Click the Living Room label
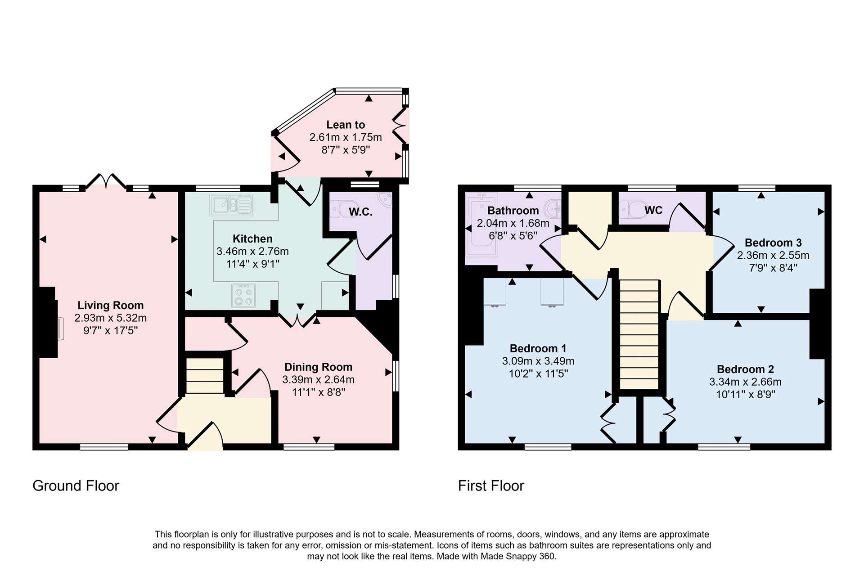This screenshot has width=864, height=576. click(x=110, y=306)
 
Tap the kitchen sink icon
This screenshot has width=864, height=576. click(x=232, y=205)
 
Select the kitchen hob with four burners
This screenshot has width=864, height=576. click(x=243, y=296)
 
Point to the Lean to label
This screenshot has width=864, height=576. click(x=346, y=125)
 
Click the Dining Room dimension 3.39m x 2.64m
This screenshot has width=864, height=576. click(x=318, y=380)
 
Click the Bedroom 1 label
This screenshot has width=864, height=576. click(x=538, y=348)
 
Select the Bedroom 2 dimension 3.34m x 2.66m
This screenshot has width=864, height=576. click(x=745, y=382)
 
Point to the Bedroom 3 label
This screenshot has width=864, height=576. click(x=773, y=243)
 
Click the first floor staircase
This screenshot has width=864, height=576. click(x=639, y=334)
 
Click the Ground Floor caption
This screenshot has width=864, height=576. click(x=76, y=486)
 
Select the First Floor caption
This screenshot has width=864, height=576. click(x=491, y=486)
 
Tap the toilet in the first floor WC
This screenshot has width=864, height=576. click(x=633, y=209)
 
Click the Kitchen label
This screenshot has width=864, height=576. click(x=252, y=239)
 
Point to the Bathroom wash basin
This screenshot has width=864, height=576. click(x=553, y=208)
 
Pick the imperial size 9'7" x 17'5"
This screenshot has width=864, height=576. click(x=110, y=331)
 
